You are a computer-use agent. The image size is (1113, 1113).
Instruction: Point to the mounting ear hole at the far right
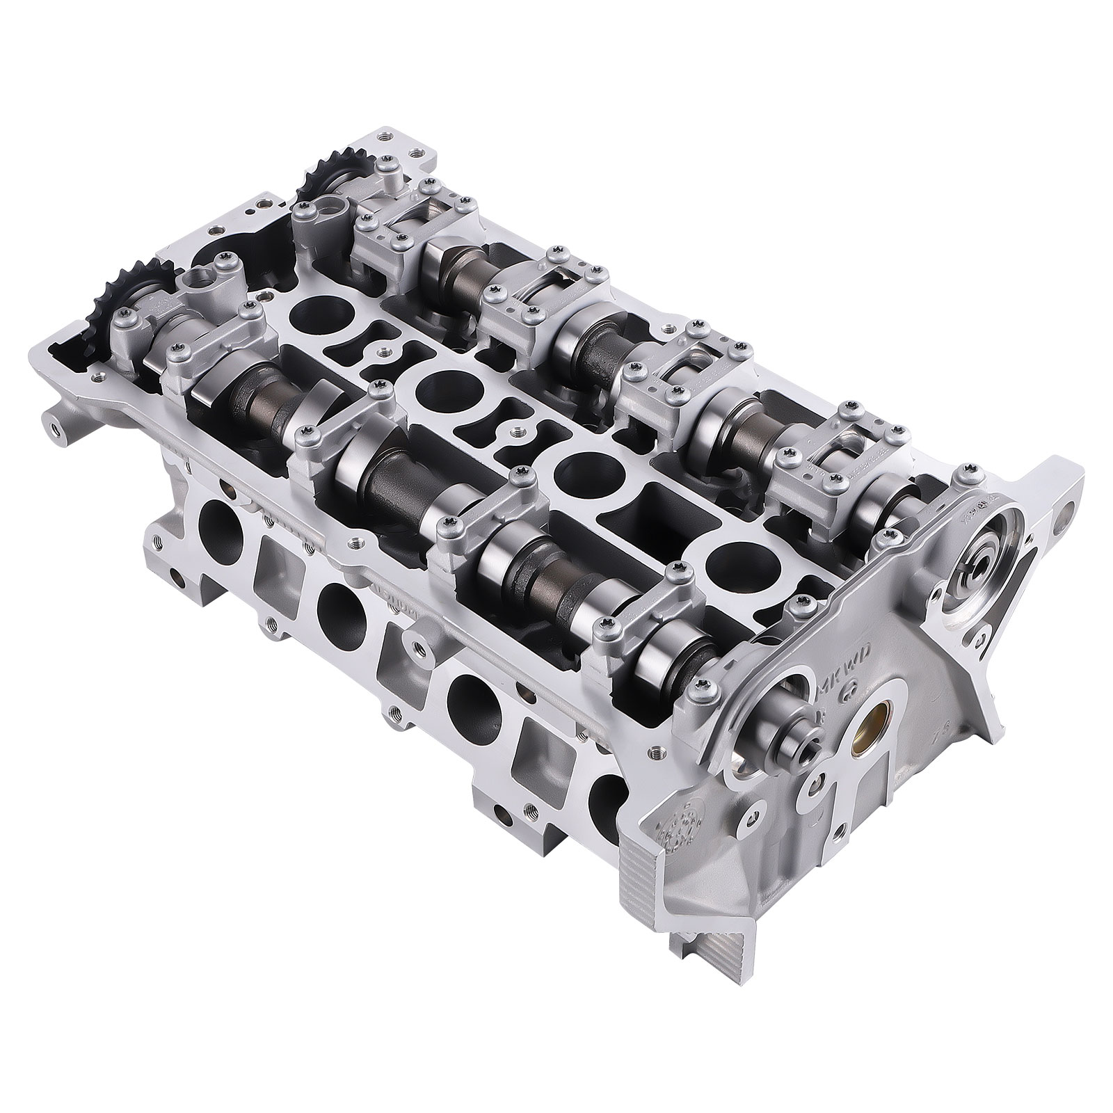pyautogui.click(x=1064, y=518)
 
